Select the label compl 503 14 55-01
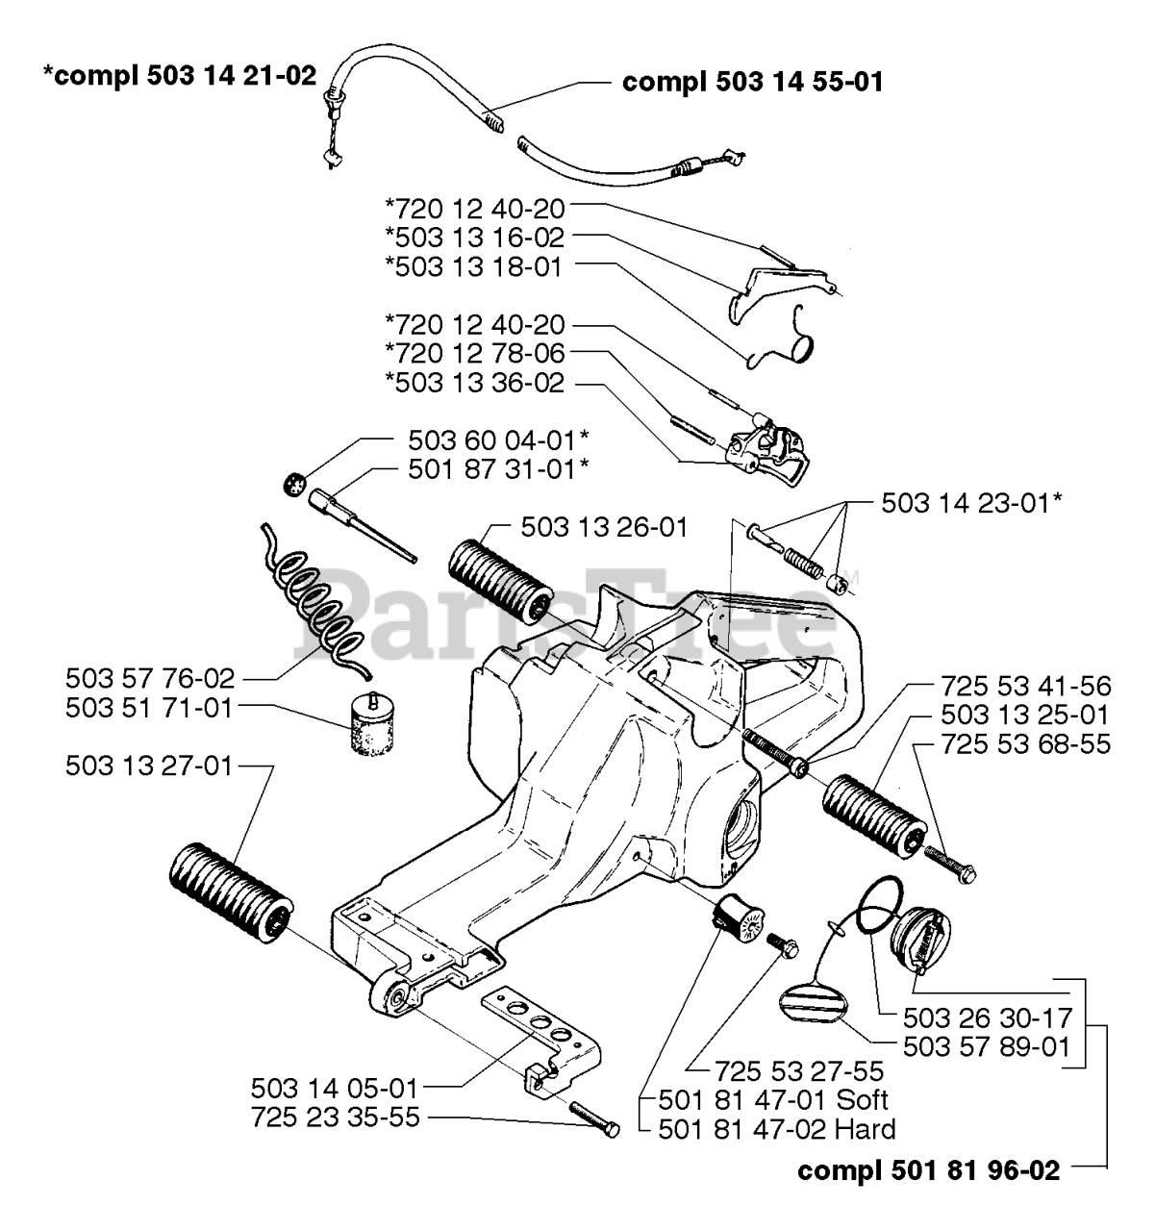point(752,82)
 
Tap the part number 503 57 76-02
point(151,679)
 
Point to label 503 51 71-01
point(151,709)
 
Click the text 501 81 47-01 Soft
point(773,1099)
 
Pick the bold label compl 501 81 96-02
point(929,1170)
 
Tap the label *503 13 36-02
point(475,384)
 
